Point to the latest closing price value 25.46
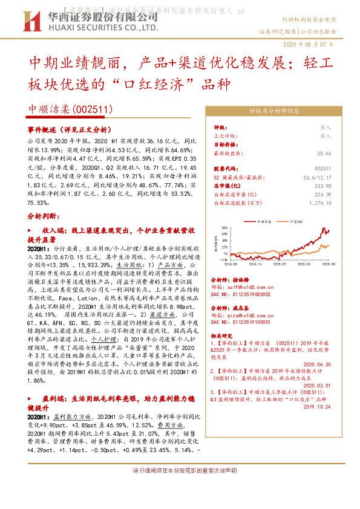(x=324, y=154)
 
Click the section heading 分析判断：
(x=44, y=215)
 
